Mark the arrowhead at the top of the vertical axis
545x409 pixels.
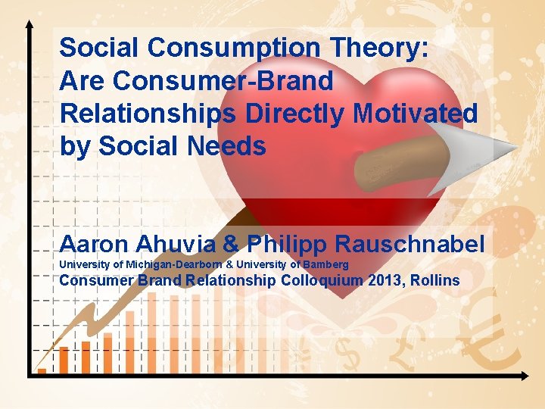[30, 25]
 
